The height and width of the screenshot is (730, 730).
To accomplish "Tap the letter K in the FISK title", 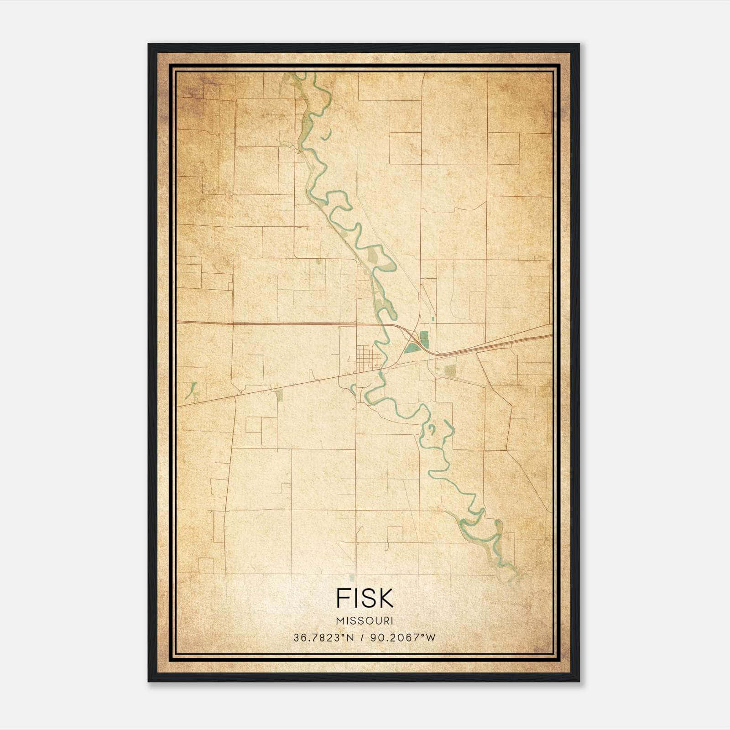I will (x=386, y=598).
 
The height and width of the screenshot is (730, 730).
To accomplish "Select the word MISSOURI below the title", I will (x=365, y=621).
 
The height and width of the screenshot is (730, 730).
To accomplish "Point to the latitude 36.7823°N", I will (x=324, y=638).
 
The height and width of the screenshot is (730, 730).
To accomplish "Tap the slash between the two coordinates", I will (x=362, y=638).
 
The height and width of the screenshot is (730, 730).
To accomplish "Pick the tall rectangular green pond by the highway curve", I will (x=424, y=339).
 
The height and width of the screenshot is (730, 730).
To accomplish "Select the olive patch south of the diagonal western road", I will (x=279, y=395).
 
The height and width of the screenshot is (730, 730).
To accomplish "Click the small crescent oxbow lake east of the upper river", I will (x=326, y=135).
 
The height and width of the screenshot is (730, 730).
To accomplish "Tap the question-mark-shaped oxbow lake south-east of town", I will (x=431, y=429).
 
